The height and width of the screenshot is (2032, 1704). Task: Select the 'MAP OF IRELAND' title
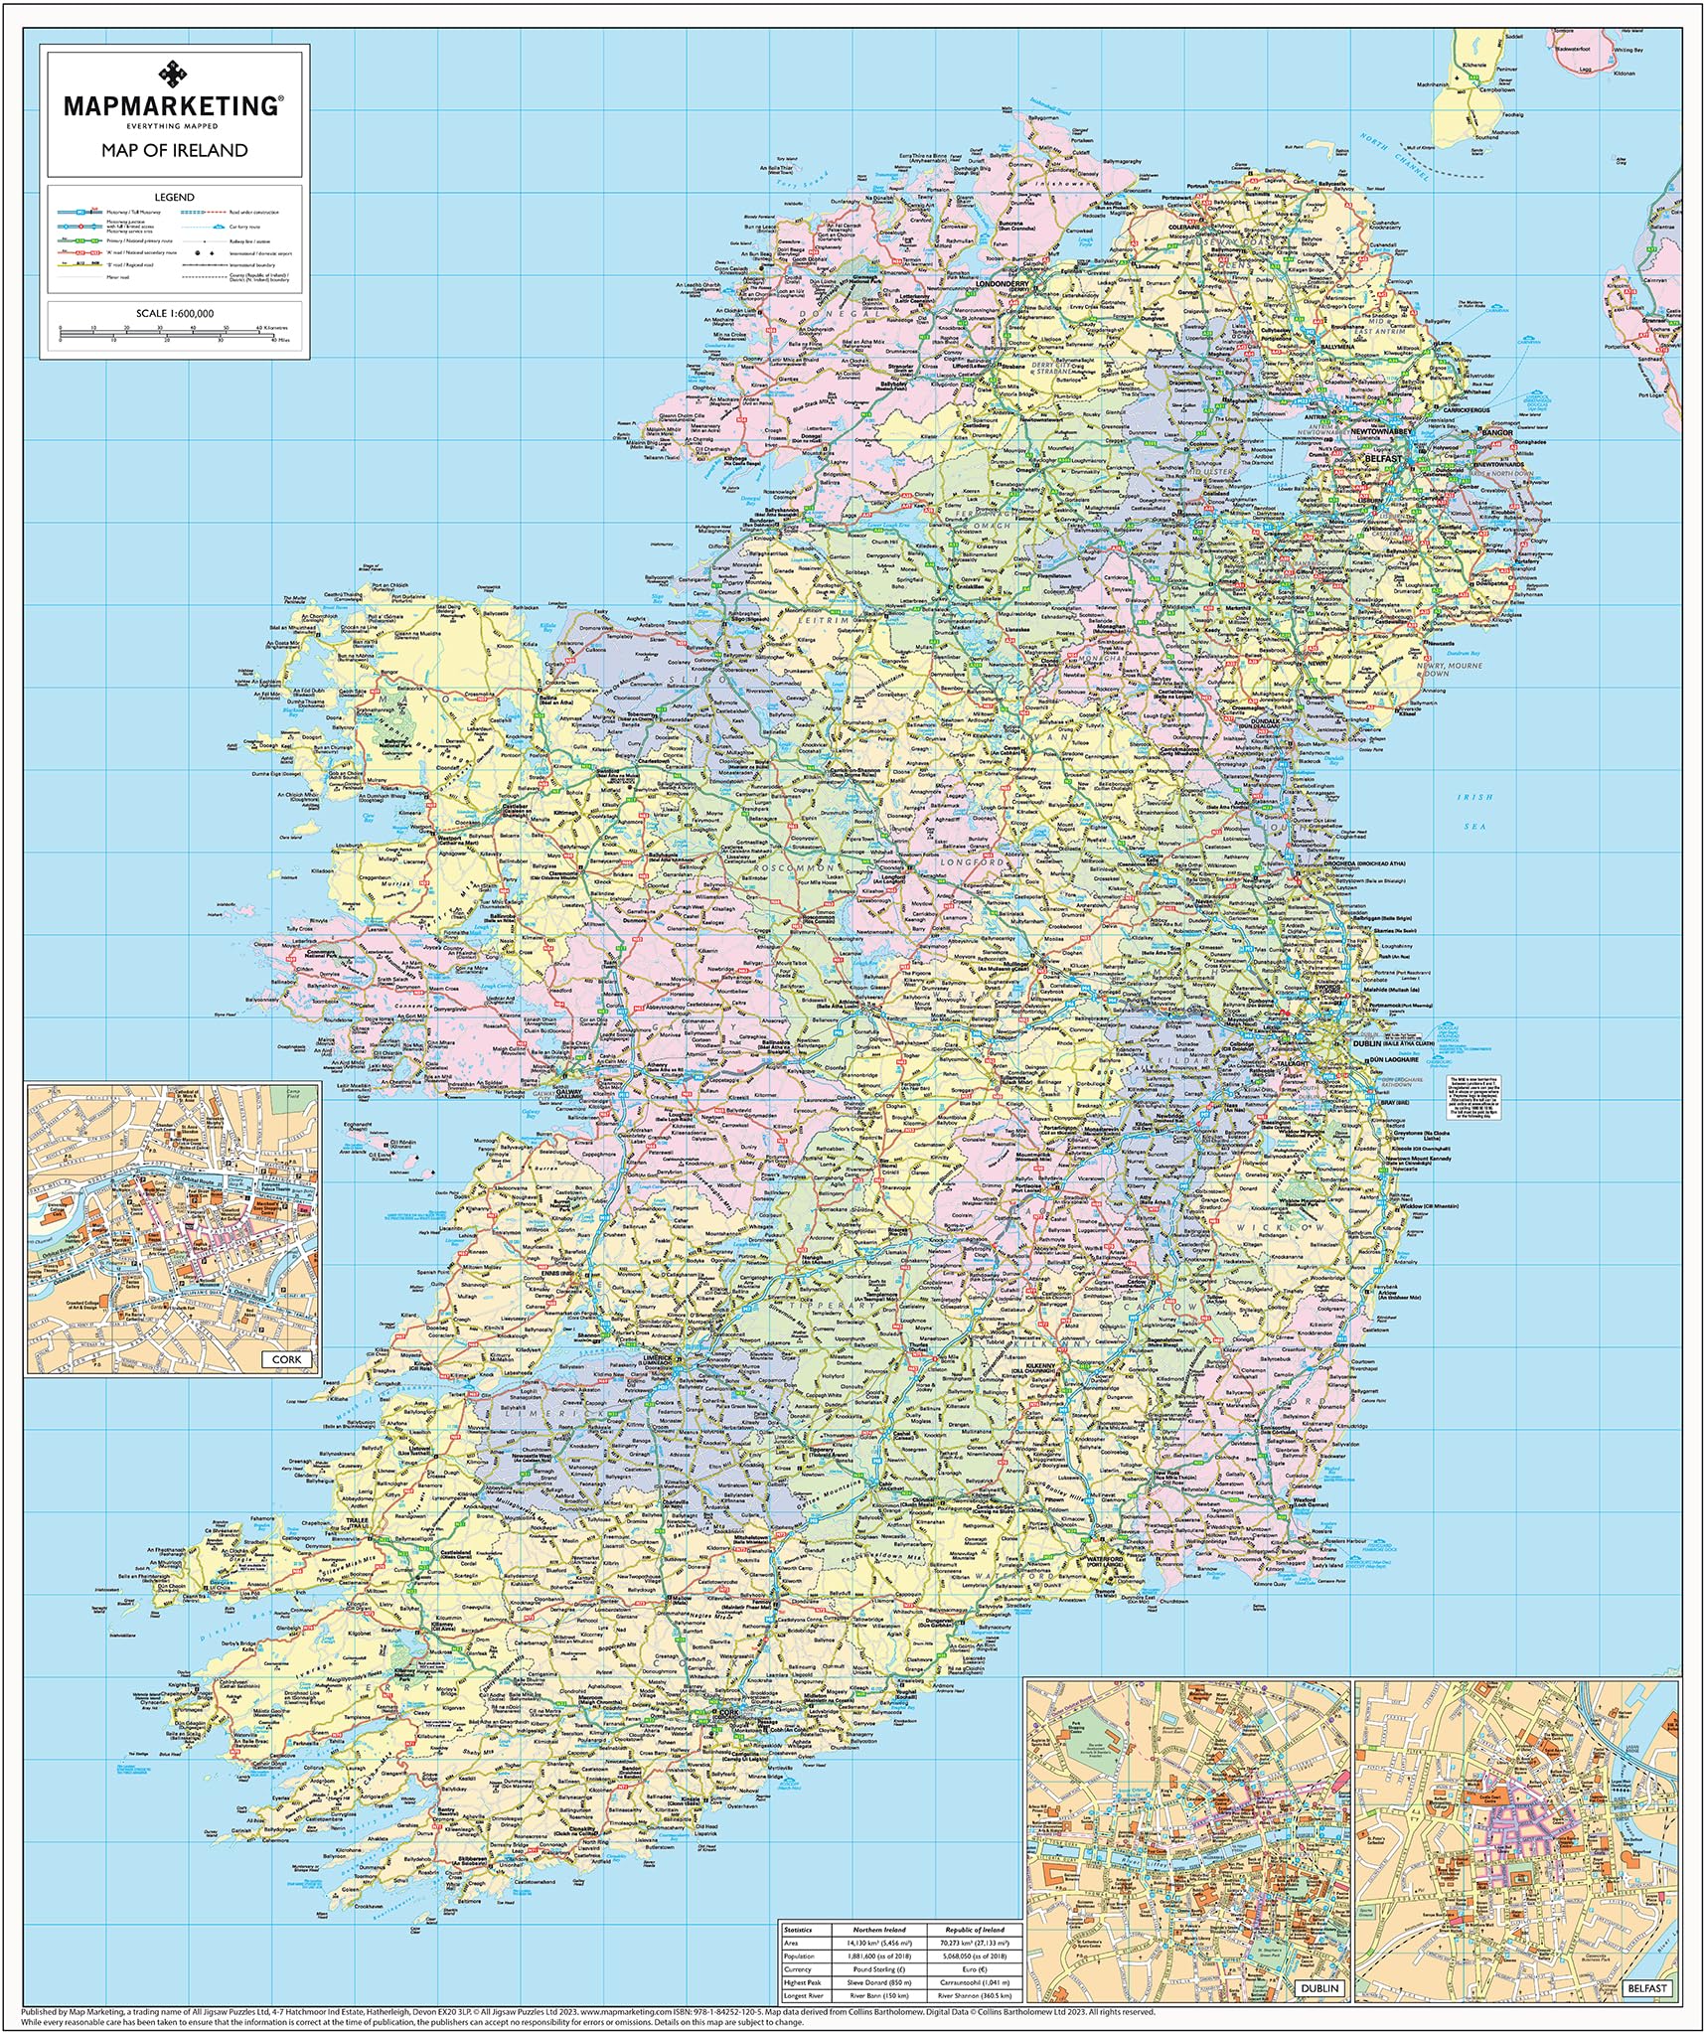[x=174, y=150]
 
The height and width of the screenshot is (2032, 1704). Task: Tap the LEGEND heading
[x=174, y=197]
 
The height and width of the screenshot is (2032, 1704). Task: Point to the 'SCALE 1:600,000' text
[x=174, y=313]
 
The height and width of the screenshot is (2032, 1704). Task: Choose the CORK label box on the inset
[x=286, y=1358]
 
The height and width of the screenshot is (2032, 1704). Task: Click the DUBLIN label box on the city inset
[x=1318, y=1989]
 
